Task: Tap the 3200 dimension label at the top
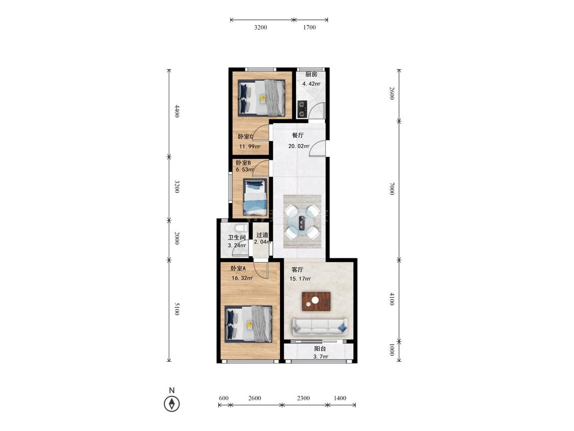point(261,27)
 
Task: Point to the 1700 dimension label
point(309,27)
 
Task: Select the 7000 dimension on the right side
point(392,188)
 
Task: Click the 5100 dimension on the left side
point(177,308)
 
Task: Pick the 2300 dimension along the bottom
point(304,398)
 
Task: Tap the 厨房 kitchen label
point(311,75)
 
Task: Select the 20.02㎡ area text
point(299,146)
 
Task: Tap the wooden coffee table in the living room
point(316,301)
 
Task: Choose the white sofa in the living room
point(320,326)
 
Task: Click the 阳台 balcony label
point(320,349)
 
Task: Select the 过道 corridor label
point(262,235)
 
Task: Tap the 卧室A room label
point(238,268)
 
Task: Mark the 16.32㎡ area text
point(242,278)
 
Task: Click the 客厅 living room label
point(297,270)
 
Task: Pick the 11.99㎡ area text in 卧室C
point(249,146)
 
